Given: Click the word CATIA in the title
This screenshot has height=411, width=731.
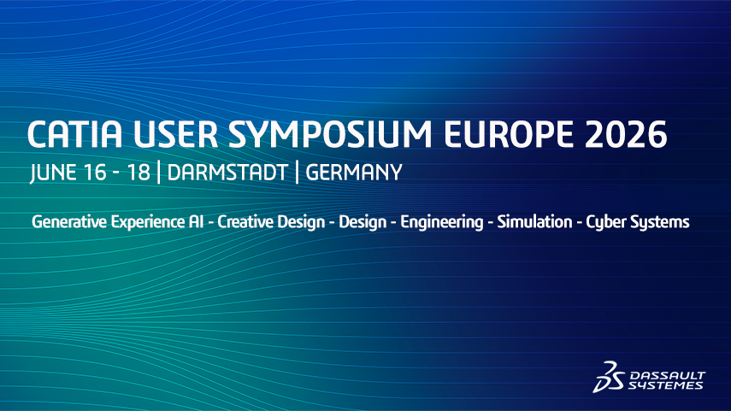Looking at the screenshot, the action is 74,134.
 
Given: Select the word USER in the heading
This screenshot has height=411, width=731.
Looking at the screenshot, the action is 176,134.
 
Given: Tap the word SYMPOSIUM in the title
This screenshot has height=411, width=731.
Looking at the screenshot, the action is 330,134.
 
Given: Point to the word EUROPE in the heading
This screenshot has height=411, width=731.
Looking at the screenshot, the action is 508,134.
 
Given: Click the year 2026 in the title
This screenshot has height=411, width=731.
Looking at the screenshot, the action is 626,134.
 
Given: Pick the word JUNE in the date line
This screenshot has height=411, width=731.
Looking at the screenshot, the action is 53,173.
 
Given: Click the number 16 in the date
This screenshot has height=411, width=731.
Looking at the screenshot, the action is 95,173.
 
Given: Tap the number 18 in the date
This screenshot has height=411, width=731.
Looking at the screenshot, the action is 139,173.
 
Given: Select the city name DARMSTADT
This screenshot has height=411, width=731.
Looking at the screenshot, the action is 227,173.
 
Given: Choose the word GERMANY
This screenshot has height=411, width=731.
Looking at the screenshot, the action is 354,173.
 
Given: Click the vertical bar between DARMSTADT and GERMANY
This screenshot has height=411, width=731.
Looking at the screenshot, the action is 297,173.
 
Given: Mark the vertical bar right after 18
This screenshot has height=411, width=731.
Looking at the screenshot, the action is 159,173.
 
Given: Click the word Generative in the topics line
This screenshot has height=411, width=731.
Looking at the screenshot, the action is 69,222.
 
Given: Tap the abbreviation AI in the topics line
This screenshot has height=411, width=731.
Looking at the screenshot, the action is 197,222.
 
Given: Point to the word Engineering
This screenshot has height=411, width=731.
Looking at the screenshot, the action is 442,223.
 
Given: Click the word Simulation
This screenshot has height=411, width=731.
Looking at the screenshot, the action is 534,222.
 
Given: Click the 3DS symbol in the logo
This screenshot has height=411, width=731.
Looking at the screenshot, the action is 609,377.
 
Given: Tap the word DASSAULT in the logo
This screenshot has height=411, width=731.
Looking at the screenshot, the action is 668,375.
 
